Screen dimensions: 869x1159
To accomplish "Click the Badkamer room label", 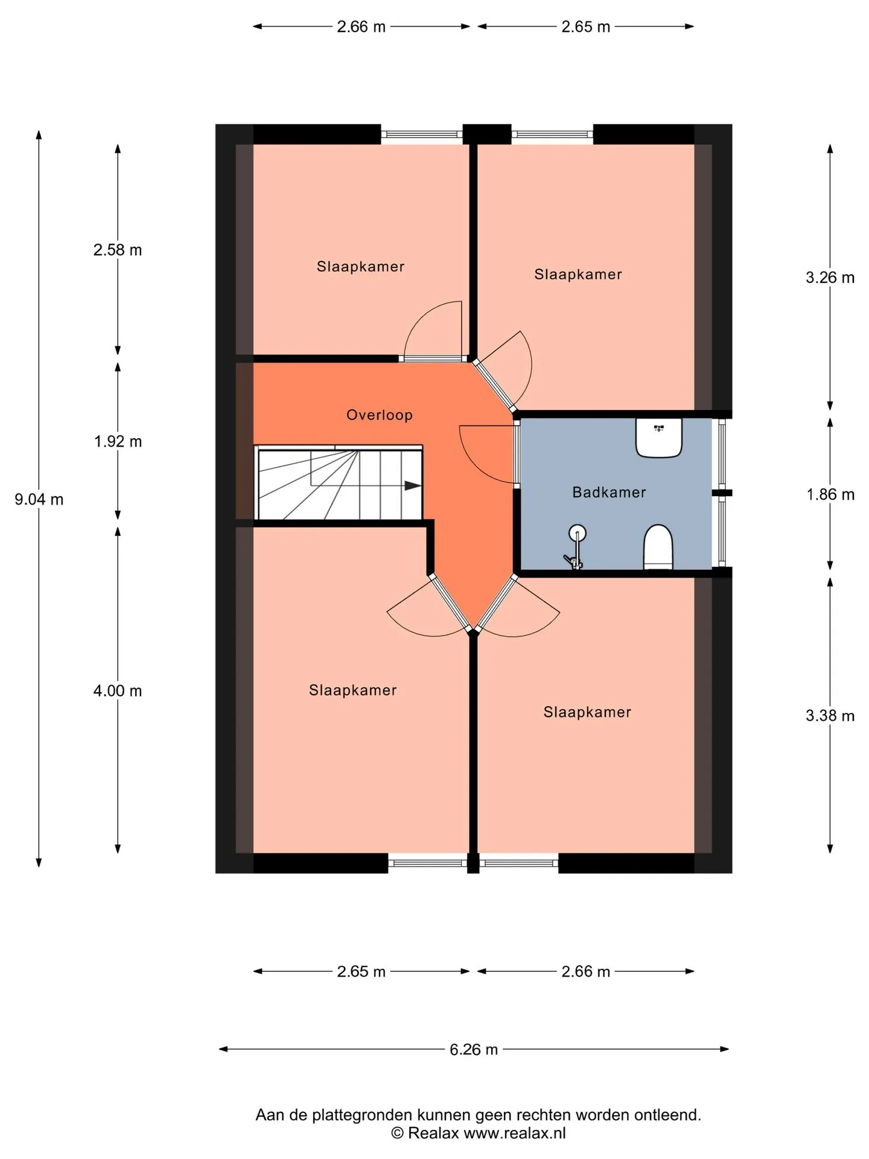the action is pos(609,493).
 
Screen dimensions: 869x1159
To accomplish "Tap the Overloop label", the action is pos(380,415).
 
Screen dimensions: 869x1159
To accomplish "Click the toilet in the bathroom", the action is pos(658,547).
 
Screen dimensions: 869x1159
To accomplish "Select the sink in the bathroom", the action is pos(658,438).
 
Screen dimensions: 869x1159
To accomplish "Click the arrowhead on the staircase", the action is pos(413,485).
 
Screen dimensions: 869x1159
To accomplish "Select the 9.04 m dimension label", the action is pos(39,500).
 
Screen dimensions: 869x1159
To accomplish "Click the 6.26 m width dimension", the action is pos(474,1049).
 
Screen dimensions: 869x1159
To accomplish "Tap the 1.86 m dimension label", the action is pos(830,495).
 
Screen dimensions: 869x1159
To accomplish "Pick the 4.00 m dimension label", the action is pos(118,691).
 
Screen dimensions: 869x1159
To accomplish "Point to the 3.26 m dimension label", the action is pos(830,278).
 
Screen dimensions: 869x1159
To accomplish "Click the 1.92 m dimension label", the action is pos(118,442).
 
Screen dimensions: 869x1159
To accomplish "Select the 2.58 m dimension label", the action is pos(118,250).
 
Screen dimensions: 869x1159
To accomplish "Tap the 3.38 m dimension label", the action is pos(830,716).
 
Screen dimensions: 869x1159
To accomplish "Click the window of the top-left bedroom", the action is pos(422,134).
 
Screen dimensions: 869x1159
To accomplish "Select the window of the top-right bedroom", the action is pos(552,134).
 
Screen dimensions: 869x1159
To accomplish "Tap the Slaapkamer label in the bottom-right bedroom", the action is pos(587,712).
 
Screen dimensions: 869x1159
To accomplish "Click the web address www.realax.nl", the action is pos(515,1133).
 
